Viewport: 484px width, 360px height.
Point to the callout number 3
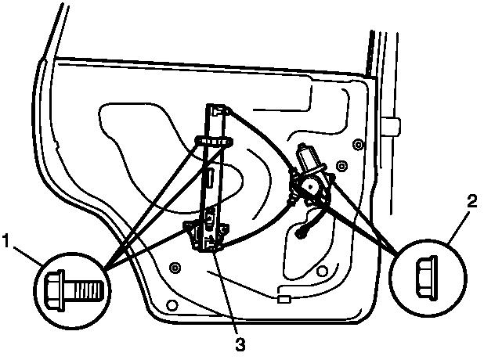coord(240,341)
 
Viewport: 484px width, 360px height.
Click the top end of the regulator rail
coord(219,109)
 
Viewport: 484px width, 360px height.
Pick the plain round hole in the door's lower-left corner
coord(173,304)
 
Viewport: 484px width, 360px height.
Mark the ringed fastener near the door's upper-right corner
coord(358,144)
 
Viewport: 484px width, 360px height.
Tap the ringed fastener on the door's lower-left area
coord(174,268)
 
